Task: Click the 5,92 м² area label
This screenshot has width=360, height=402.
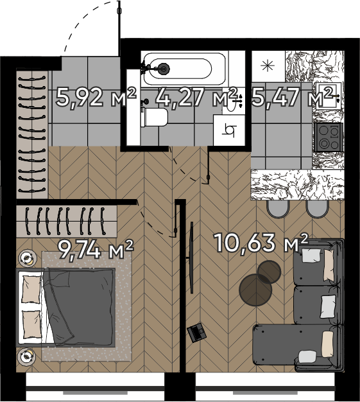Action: (x=96, y=97)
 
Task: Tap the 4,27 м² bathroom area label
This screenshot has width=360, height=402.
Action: (x=196, y=97)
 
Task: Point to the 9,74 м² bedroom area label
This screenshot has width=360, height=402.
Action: (x=96, y=249)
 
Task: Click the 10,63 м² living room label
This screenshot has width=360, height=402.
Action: (x=261, y=242)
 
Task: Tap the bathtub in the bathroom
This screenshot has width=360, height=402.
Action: (x=184, y=69)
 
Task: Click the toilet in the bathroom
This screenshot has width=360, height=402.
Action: (x=155, y=117)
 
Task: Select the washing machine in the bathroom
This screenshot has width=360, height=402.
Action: (x=229, y=130)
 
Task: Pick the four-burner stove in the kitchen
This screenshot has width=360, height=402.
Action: (x=329, y=137)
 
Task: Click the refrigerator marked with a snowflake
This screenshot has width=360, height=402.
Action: (x=268, y=66)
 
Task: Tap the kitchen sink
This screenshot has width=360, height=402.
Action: (x=329, y=96)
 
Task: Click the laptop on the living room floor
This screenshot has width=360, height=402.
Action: (x=196, y=332)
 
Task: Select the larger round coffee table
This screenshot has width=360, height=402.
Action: (x=255, y=290)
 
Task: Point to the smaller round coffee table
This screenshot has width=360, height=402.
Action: (x=269, y=272)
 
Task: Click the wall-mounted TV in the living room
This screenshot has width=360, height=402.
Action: (x=191, y=258)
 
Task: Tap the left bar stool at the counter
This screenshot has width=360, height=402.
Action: (x=278, y=209)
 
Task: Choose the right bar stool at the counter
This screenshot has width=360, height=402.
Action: (x=317, y=209)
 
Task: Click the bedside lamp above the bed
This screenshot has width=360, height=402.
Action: (x=28, y=258)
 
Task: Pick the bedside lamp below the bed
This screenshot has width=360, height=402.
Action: (x=26, y=356)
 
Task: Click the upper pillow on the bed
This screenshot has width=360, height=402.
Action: (x=32, y=289)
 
